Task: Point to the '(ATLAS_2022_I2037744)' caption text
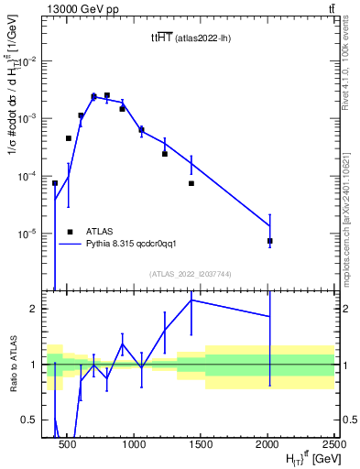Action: pos(191,274)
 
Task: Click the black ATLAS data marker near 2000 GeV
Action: pos(270,241)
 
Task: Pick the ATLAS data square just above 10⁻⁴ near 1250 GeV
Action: pos(165,154)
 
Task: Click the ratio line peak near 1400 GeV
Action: pos(191,300)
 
